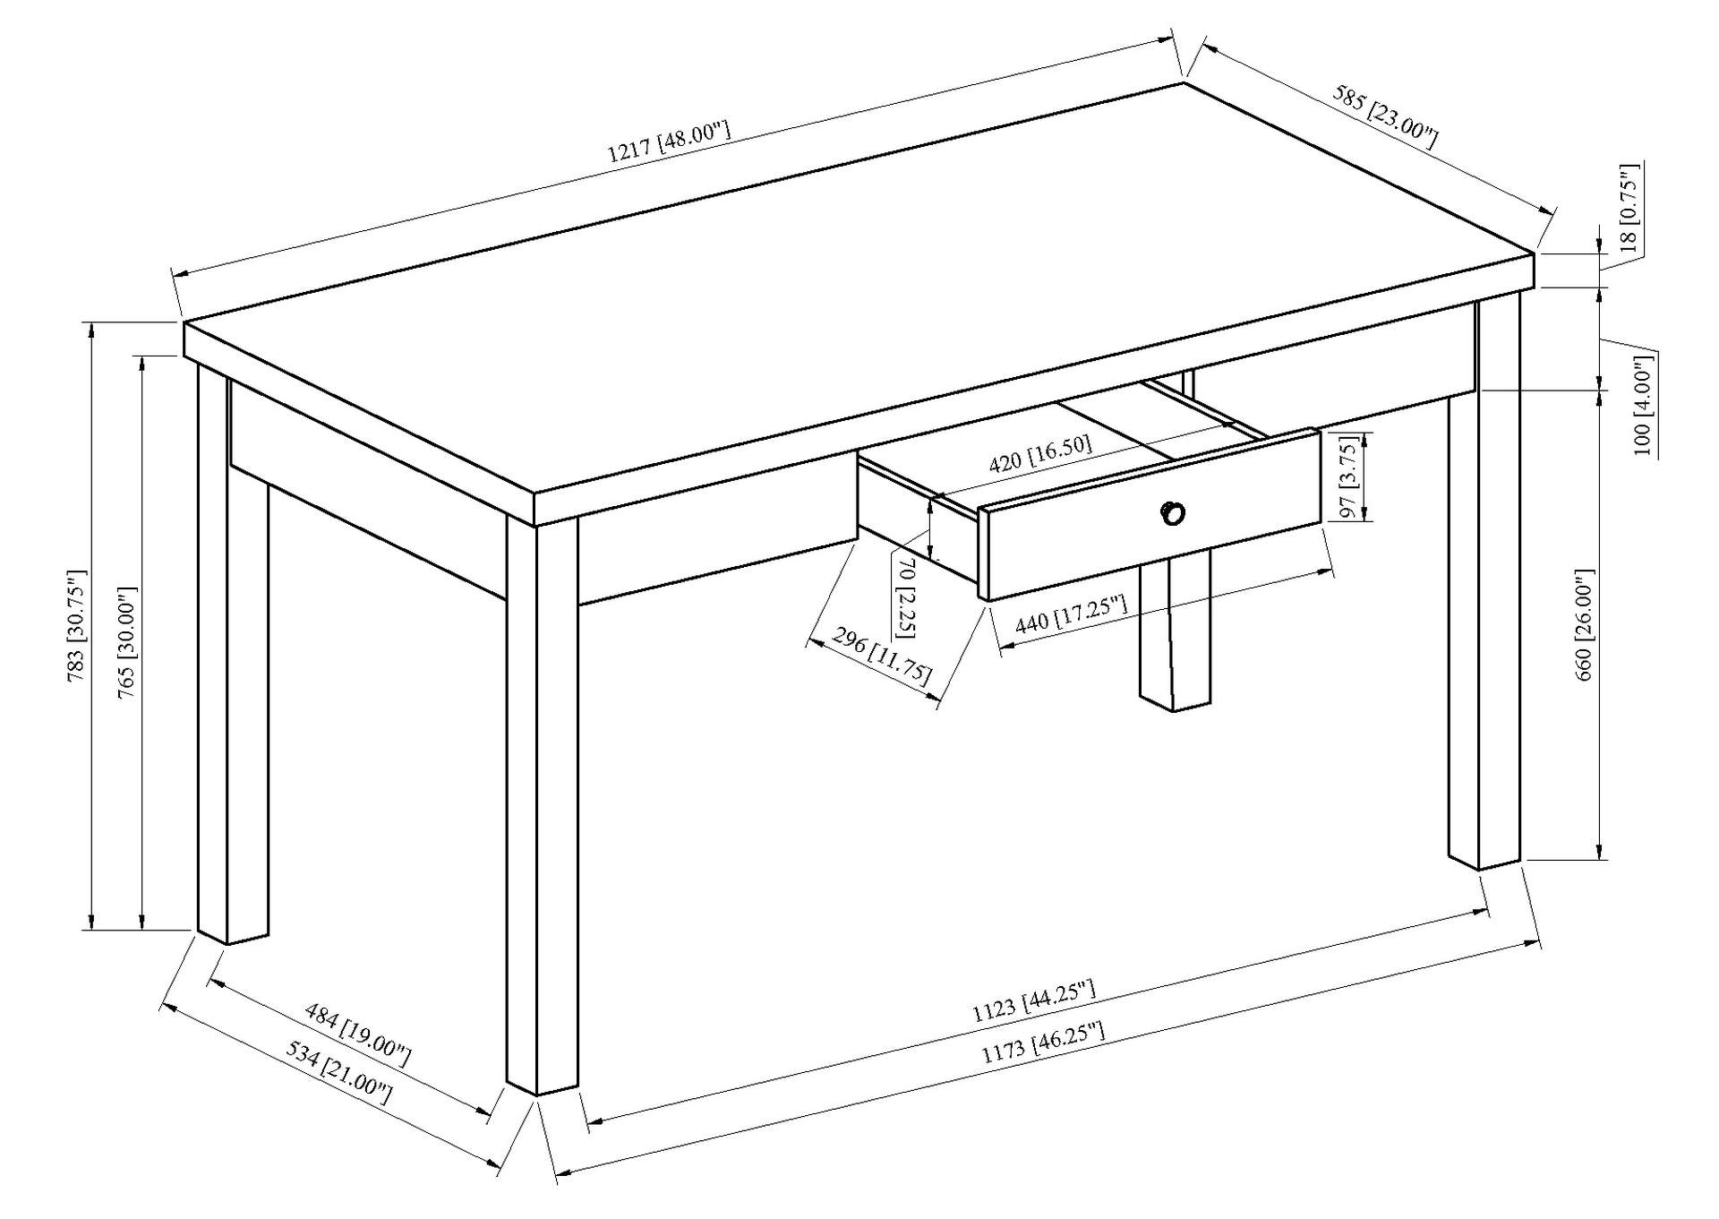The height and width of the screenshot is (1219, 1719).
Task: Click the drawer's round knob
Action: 1173,514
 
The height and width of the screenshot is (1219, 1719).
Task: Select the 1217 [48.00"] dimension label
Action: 669,142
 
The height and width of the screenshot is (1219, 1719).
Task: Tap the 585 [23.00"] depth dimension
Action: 1385,116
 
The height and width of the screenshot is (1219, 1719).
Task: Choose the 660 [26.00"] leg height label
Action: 1584,624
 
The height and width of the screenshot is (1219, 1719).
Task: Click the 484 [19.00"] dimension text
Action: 357,1035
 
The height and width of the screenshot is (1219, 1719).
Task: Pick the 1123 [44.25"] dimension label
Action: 1034,1001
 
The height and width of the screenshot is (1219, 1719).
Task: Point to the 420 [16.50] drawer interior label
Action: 1039,456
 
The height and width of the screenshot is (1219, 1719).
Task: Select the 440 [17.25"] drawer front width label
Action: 1070,614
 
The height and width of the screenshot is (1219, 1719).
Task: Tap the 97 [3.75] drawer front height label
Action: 1349,476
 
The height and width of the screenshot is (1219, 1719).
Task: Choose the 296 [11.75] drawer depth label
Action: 882,656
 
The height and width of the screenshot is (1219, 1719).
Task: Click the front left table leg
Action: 542,806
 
